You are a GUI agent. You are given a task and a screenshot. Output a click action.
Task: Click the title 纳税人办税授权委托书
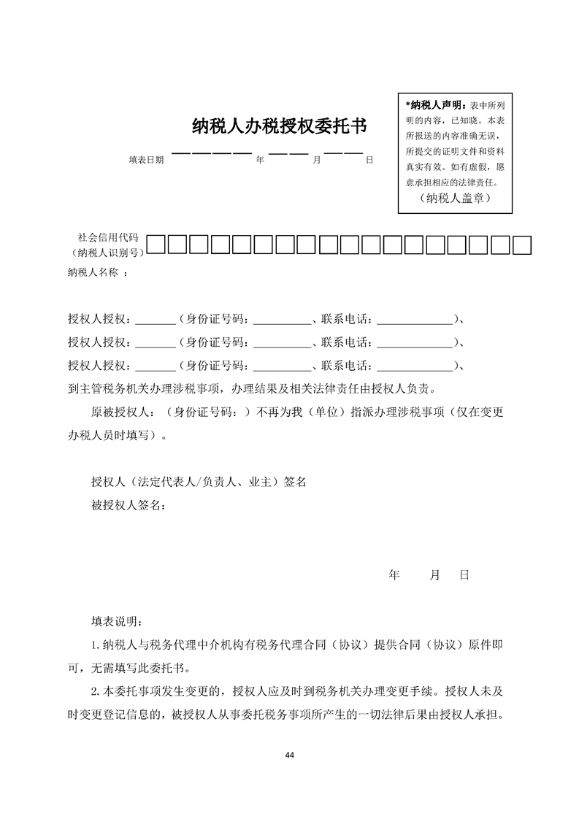279,127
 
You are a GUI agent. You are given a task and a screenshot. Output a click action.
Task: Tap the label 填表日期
146,159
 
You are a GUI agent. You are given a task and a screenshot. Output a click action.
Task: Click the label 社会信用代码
108,237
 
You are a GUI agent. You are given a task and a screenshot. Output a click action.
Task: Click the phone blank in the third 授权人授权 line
415,364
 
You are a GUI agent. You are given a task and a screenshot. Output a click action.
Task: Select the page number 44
290,754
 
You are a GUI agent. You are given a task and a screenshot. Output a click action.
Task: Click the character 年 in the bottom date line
394,575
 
